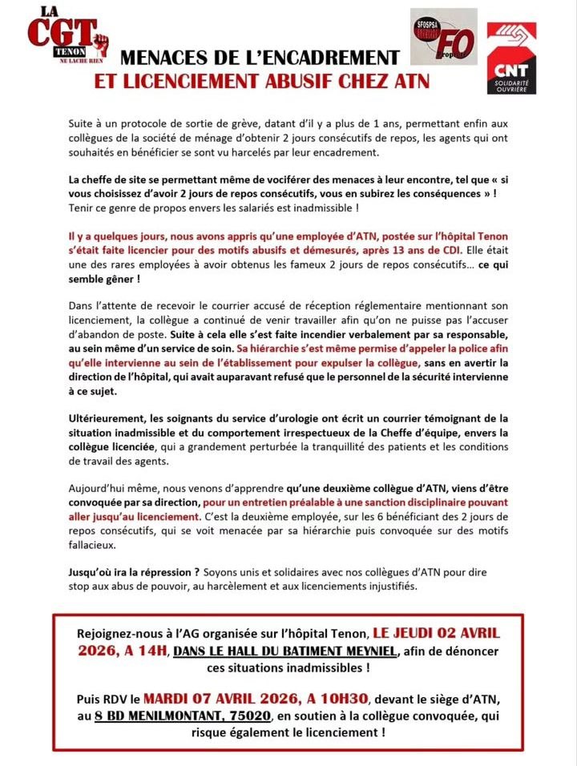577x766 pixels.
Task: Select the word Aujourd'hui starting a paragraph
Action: [102, 488]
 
